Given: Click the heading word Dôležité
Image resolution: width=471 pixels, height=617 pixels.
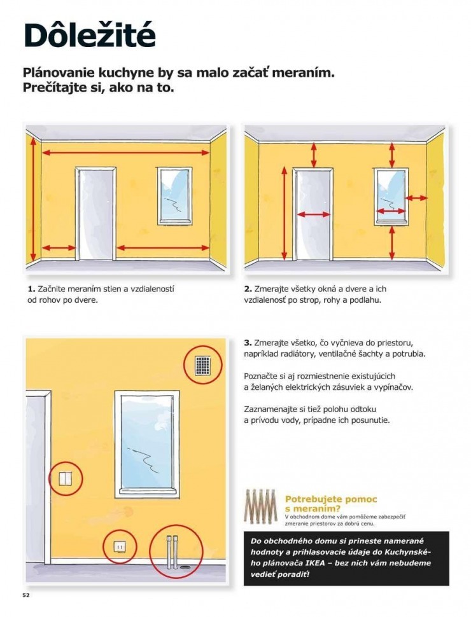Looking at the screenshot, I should [89, 36].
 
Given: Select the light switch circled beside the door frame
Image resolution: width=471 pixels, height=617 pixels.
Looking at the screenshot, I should [66, 478].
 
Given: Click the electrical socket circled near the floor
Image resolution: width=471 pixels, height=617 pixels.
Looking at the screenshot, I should [119, 546].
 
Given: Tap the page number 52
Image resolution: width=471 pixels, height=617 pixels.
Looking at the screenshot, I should [26, 595].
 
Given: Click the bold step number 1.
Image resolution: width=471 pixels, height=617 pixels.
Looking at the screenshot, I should [31, 289].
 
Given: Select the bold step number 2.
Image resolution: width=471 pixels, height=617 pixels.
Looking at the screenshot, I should [248, 289].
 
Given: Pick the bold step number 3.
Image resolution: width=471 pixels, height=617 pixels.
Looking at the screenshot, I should [248, 342].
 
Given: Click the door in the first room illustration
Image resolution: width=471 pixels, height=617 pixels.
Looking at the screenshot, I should [95, 214].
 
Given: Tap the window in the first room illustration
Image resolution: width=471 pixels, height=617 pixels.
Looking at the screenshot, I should [174, 196].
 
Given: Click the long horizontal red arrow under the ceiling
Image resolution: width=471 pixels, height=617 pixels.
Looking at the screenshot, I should [125, 153].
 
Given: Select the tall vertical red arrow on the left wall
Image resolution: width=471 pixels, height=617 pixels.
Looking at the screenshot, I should [31, 200].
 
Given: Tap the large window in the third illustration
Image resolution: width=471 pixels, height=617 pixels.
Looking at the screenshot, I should [145, 443].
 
